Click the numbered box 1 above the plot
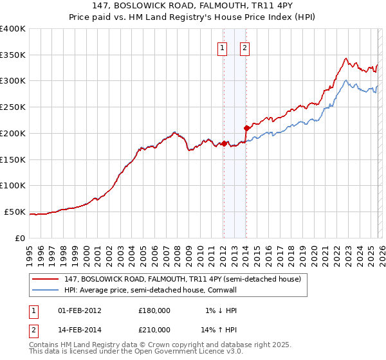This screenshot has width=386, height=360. tap(223, 47)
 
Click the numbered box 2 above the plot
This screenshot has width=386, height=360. tap(246, 47)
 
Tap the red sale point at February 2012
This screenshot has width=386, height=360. tap(223, 143)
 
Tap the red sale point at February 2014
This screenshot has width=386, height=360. tap(246, 128)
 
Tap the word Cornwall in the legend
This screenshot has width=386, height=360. tap(222, 290)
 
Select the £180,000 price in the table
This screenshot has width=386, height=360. tap(154, 310)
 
